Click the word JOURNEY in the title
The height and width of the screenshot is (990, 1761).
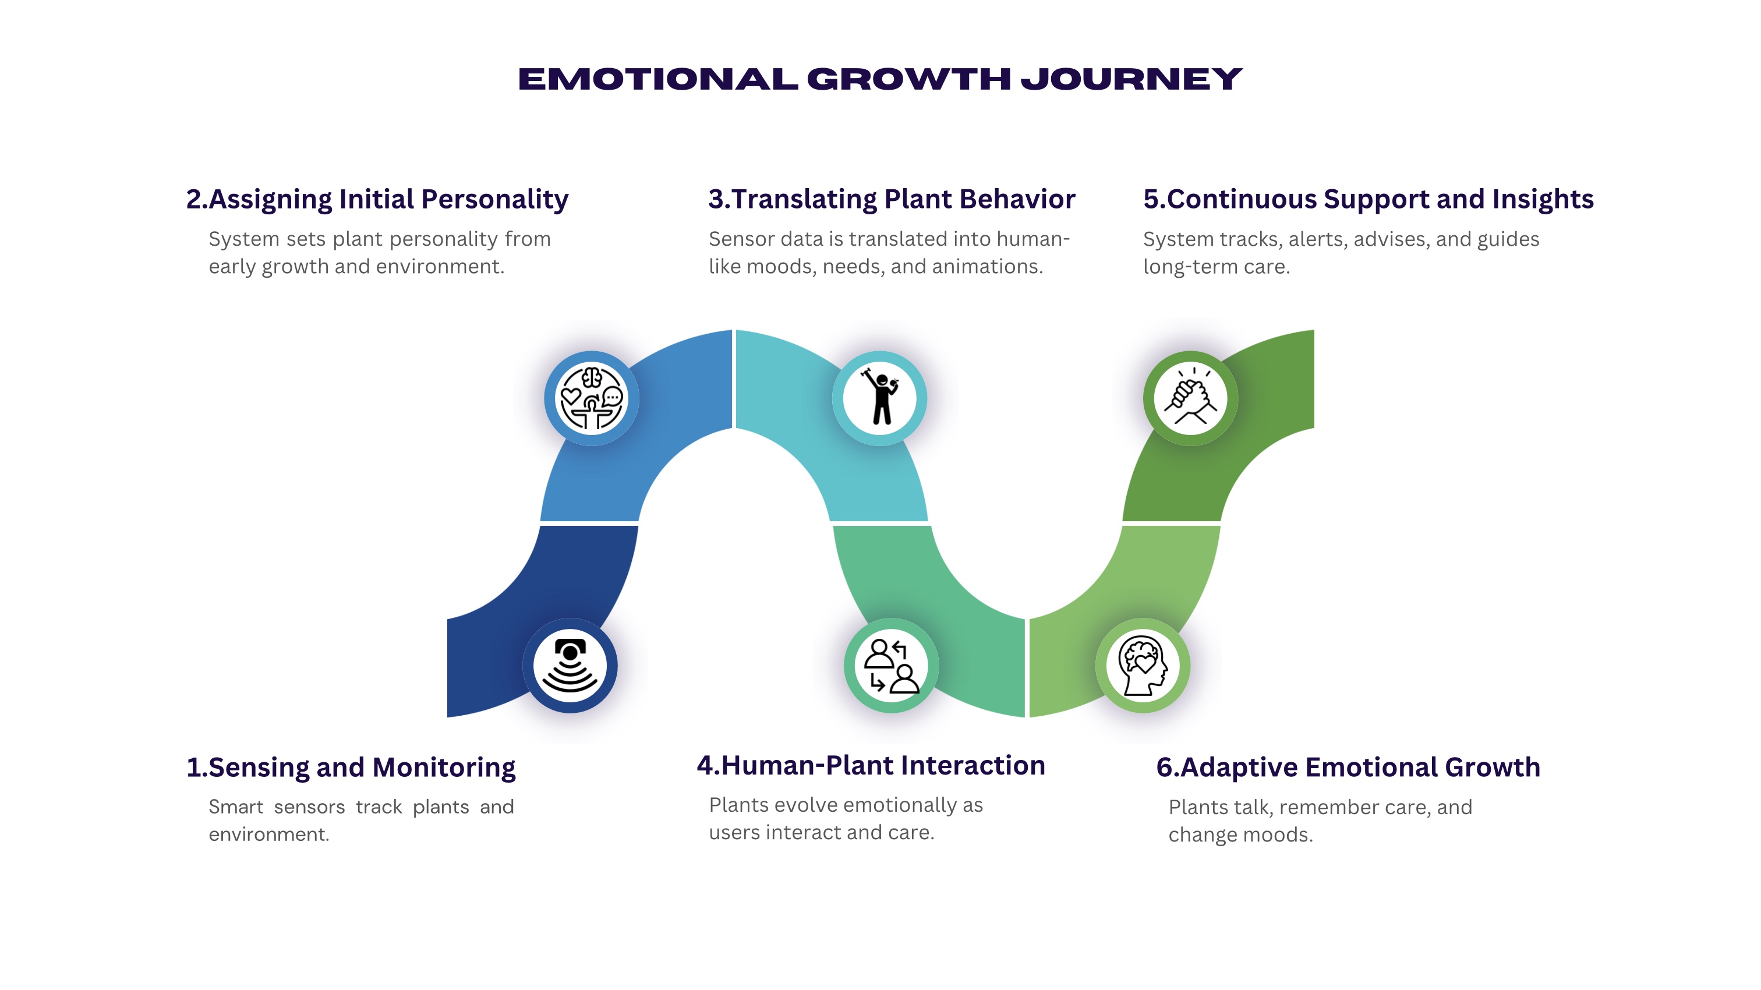1131,79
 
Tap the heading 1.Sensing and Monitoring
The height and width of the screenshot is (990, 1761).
351,768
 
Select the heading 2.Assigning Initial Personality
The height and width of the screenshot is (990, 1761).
377,200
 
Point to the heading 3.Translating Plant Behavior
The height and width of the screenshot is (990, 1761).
892,199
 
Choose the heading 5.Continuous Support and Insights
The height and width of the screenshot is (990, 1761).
1368,199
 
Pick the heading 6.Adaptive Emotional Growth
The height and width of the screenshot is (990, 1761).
1348,767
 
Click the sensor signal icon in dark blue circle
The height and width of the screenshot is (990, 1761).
570,666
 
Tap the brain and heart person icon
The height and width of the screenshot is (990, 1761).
592,398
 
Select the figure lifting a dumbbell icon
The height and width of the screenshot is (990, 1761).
880,398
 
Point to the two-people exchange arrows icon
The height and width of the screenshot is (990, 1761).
892,666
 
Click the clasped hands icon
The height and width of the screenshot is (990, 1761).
1191,398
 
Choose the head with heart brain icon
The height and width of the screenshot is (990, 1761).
1143,666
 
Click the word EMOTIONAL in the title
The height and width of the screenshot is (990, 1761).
658,79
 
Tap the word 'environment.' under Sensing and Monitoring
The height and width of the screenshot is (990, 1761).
268,834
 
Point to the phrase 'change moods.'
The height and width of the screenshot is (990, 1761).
1241,835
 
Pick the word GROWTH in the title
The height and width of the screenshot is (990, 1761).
909,79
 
